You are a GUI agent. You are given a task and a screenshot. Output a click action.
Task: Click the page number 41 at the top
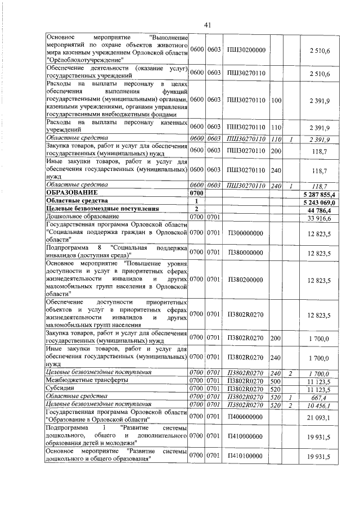click(207, 25)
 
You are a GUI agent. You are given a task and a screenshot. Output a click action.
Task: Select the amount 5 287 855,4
click(318, 193)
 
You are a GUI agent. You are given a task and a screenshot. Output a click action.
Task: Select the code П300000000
click(246, 231)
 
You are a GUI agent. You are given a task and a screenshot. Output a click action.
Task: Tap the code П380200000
click(246, 279)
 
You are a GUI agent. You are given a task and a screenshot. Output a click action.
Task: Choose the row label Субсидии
click(59, 389)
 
